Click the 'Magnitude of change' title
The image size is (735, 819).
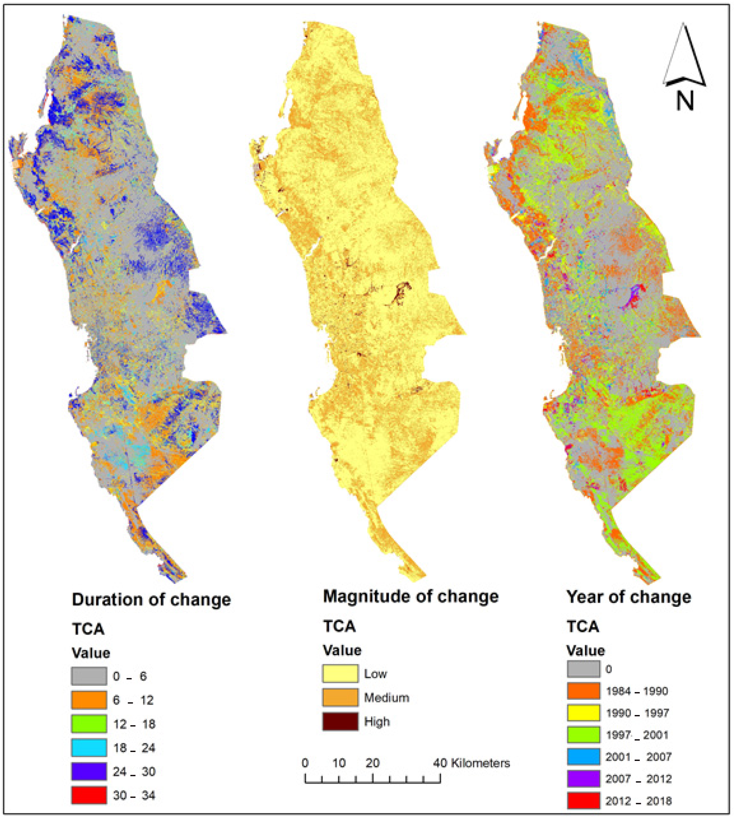[x=411, y=596]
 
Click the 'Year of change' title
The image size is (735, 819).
[x=628, y=597]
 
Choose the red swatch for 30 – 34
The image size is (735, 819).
[x=89, y=795]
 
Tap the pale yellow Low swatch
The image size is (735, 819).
[x=340, y=674]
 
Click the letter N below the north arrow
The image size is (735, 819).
[x=685, y=101]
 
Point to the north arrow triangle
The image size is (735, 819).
[x=684, y=57]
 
